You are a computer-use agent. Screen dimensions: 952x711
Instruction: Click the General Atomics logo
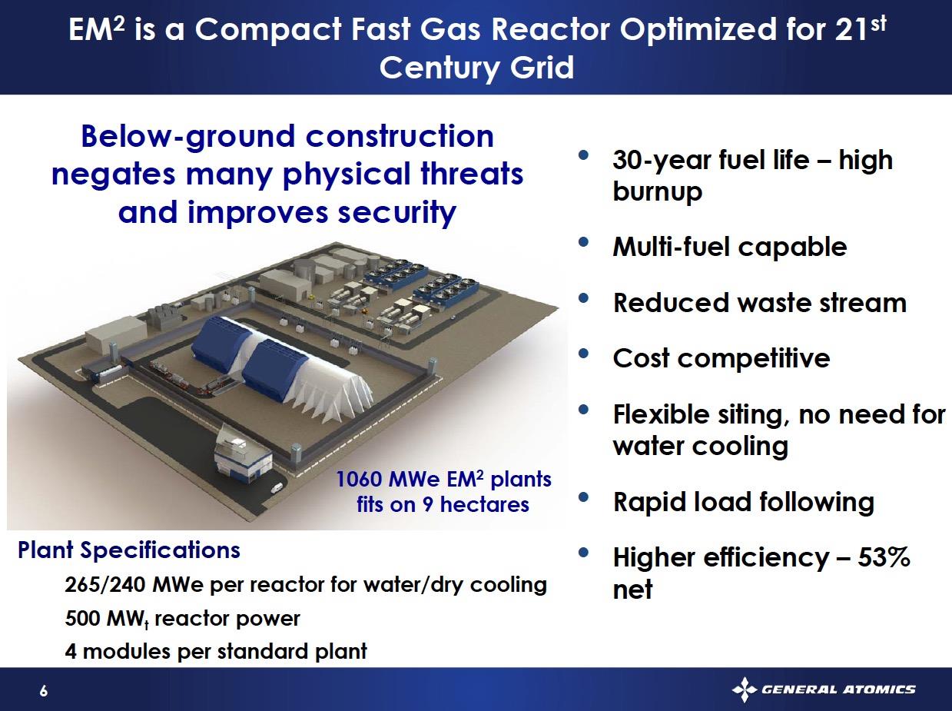(823, 689)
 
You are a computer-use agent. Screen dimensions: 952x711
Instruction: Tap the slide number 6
(43, 690)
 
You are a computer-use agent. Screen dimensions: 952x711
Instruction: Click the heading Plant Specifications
(129, 550)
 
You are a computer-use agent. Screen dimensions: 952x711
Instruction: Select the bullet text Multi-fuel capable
(729, 247)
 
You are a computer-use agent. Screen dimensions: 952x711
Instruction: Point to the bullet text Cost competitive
(721, 359)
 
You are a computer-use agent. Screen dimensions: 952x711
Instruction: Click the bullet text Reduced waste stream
(760, 303)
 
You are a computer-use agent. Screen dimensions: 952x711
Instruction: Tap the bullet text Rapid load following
(743, 503)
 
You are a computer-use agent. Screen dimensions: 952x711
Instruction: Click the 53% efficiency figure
(884, 557)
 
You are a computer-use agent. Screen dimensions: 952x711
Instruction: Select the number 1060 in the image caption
(358, 480)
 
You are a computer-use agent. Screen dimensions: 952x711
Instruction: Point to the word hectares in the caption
(485, 504)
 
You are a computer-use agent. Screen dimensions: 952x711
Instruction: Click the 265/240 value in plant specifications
(104, 585)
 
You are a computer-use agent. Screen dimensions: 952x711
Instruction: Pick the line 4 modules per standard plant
(216, 652)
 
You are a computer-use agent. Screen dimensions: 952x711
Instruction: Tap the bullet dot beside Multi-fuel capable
(584, 241)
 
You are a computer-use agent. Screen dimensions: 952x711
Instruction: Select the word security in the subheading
(396, 214)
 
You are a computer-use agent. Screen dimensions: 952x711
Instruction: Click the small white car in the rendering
(277, 488)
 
